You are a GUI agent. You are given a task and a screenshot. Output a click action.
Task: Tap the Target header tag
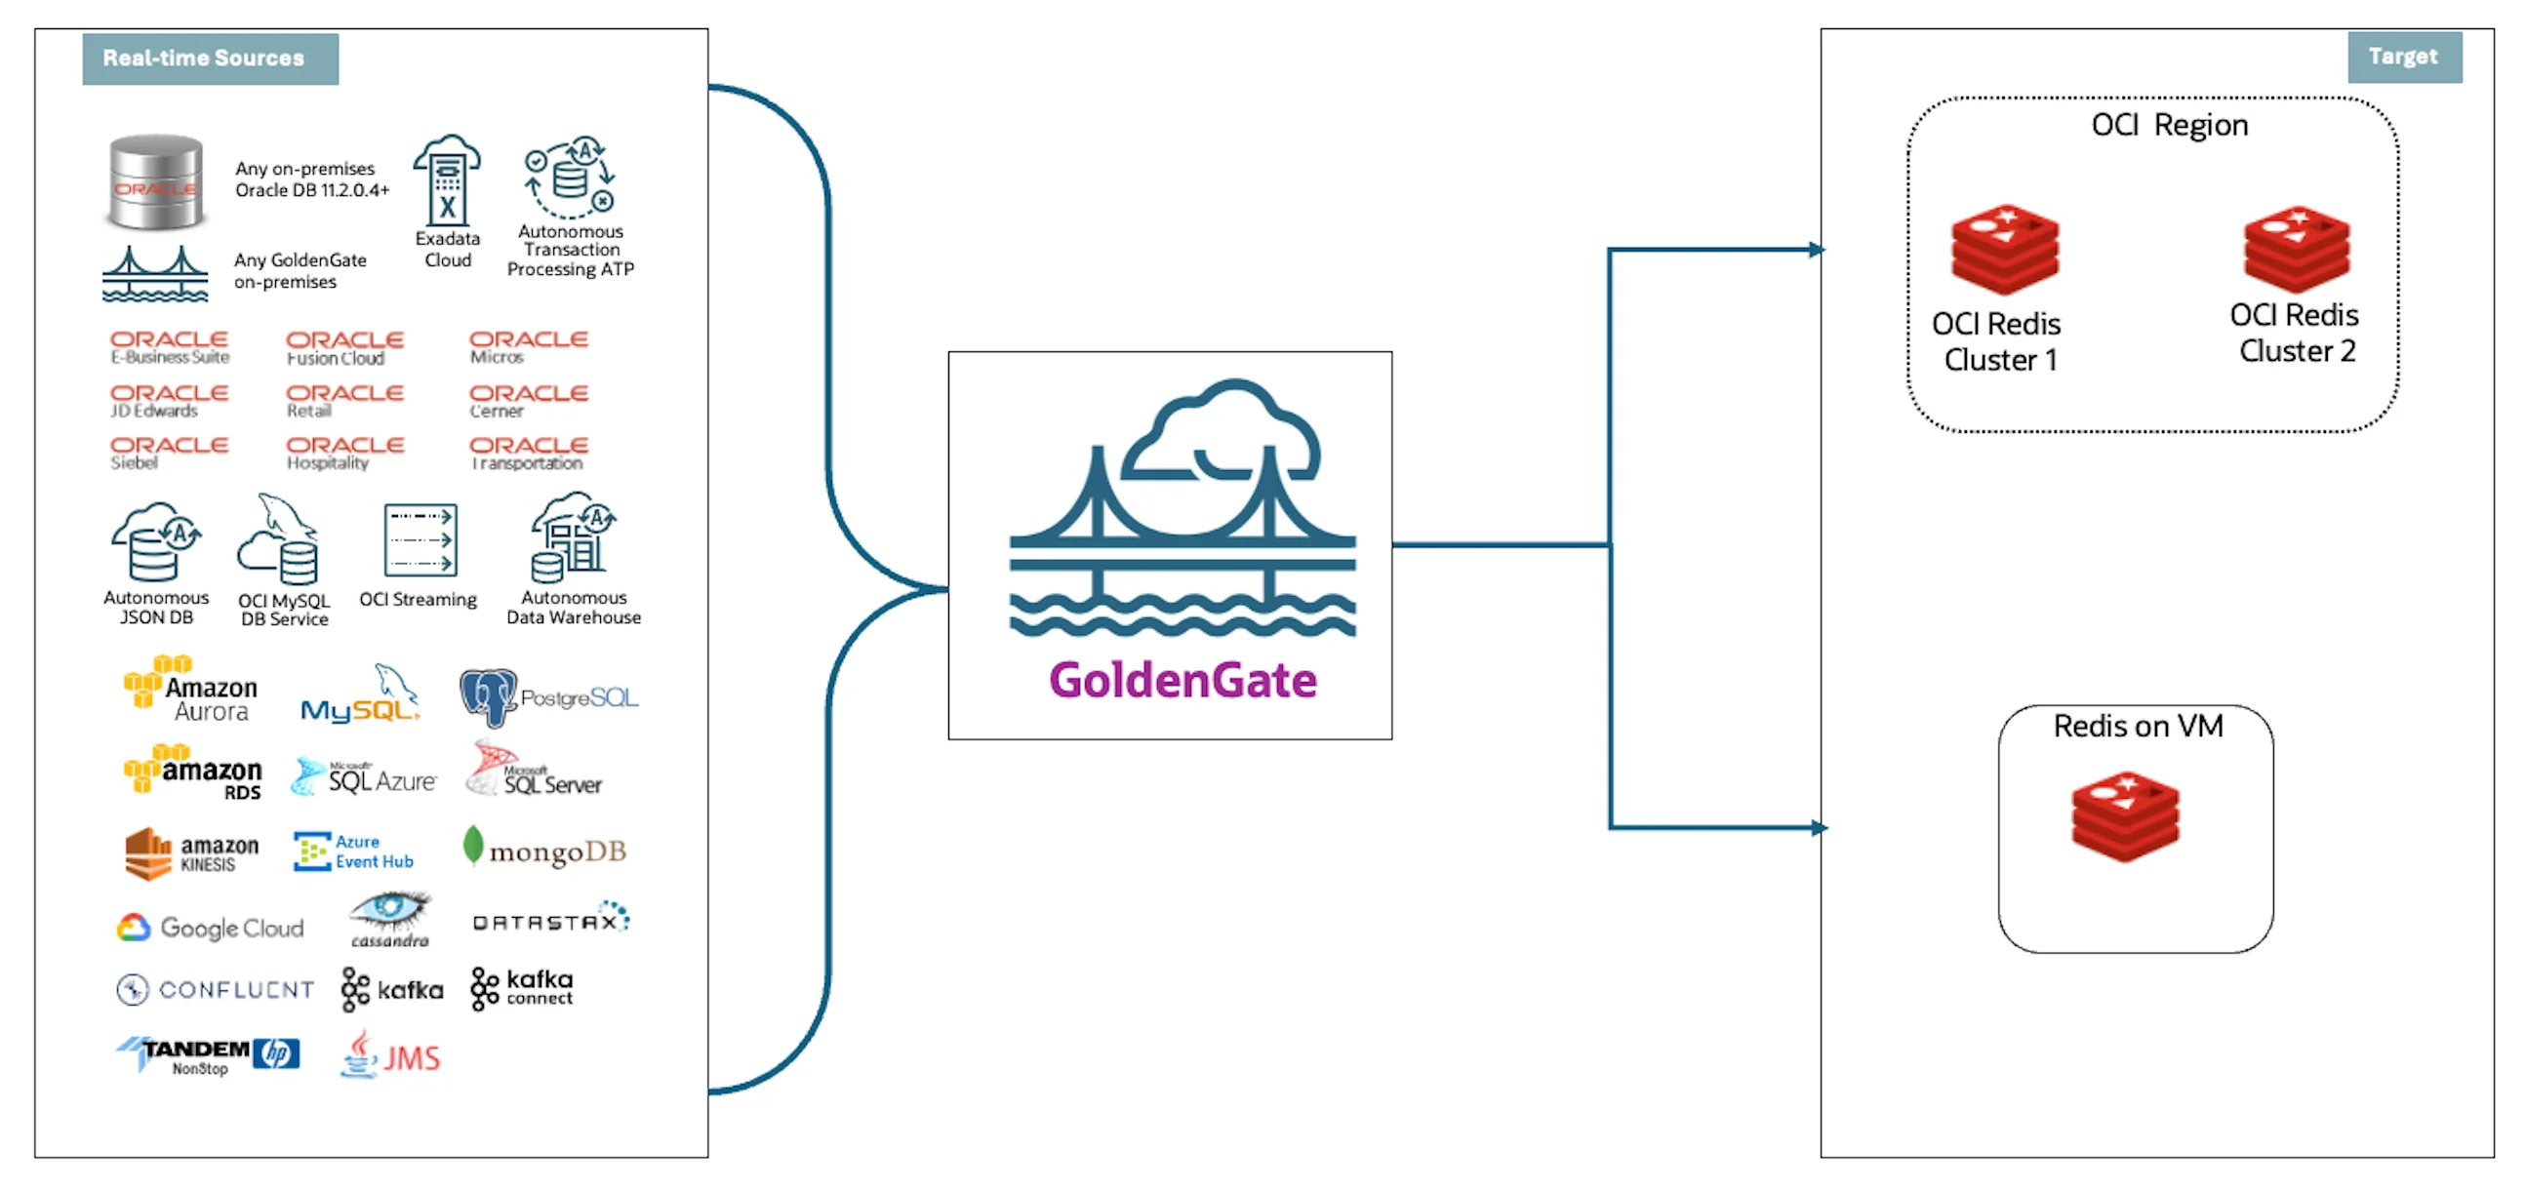click(x=2402, y=57)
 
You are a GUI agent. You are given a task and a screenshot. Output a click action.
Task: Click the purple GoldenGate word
click(x=1182, y=680)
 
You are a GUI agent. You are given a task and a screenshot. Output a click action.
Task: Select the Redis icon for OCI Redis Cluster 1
click(x=2004, y=249)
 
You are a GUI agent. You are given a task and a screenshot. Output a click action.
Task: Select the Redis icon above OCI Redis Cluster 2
click(x=2296, y=249)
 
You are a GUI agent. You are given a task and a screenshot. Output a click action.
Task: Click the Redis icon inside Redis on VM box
click(x=2124, y=816)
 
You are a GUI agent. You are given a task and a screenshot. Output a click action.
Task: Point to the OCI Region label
click(x=2168, y=126)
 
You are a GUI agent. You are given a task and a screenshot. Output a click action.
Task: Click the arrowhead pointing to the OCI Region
click(x=1817, y=250)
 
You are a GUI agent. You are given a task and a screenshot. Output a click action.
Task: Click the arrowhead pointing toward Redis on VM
click(x=1819, y=828)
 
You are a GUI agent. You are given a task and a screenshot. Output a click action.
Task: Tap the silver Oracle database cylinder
click(x=156, y=182)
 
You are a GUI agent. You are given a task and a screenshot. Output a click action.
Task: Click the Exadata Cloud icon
click(x=447, y=181)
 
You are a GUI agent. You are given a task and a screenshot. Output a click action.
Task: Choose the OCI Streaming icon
click(x=420, y=540)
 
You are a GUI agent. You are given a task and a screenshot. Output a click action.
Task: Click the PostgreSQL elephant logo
click(x=487, y=698)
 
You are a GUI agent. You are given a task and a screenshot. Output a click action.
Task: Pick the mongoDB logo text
click(x=556, y=852)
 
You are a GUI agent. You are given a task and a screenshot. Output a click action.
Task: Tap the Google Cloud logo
click(x=211, y=928)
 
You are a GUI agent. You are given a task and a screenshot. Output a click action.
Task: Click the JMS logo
click(x=391, y=1056)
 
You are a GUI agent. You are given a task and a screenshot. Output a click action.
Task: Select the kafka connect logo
click(x=521, y=988)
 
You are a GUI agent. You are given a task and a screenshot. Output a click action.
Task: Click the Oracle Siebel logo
click(x=169, y=452)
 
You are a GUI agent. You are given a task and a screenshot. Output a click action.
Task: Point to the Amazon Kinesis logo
click(x=192, y=853)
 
